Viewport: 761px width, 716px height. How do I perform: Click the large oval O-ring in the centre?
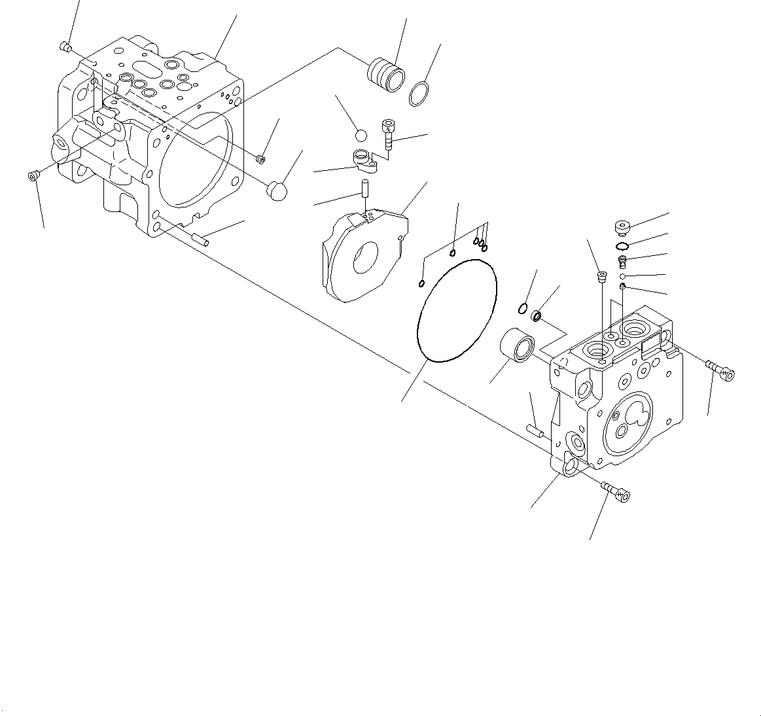click(457, 309)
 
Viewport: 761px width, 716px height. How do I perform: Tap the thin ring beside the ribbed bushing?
click(419, 94)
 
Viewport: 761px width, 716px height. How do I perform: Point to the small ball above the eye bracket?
click(360, 135)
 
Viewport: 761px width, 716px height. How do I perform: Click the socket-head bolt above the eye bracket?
click(389, 134)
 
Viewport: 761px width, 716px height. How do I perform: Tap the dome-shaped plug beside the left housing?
click(277, 190)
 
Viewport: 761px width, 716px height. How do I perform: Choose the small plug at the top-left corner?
click(65, 46)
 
